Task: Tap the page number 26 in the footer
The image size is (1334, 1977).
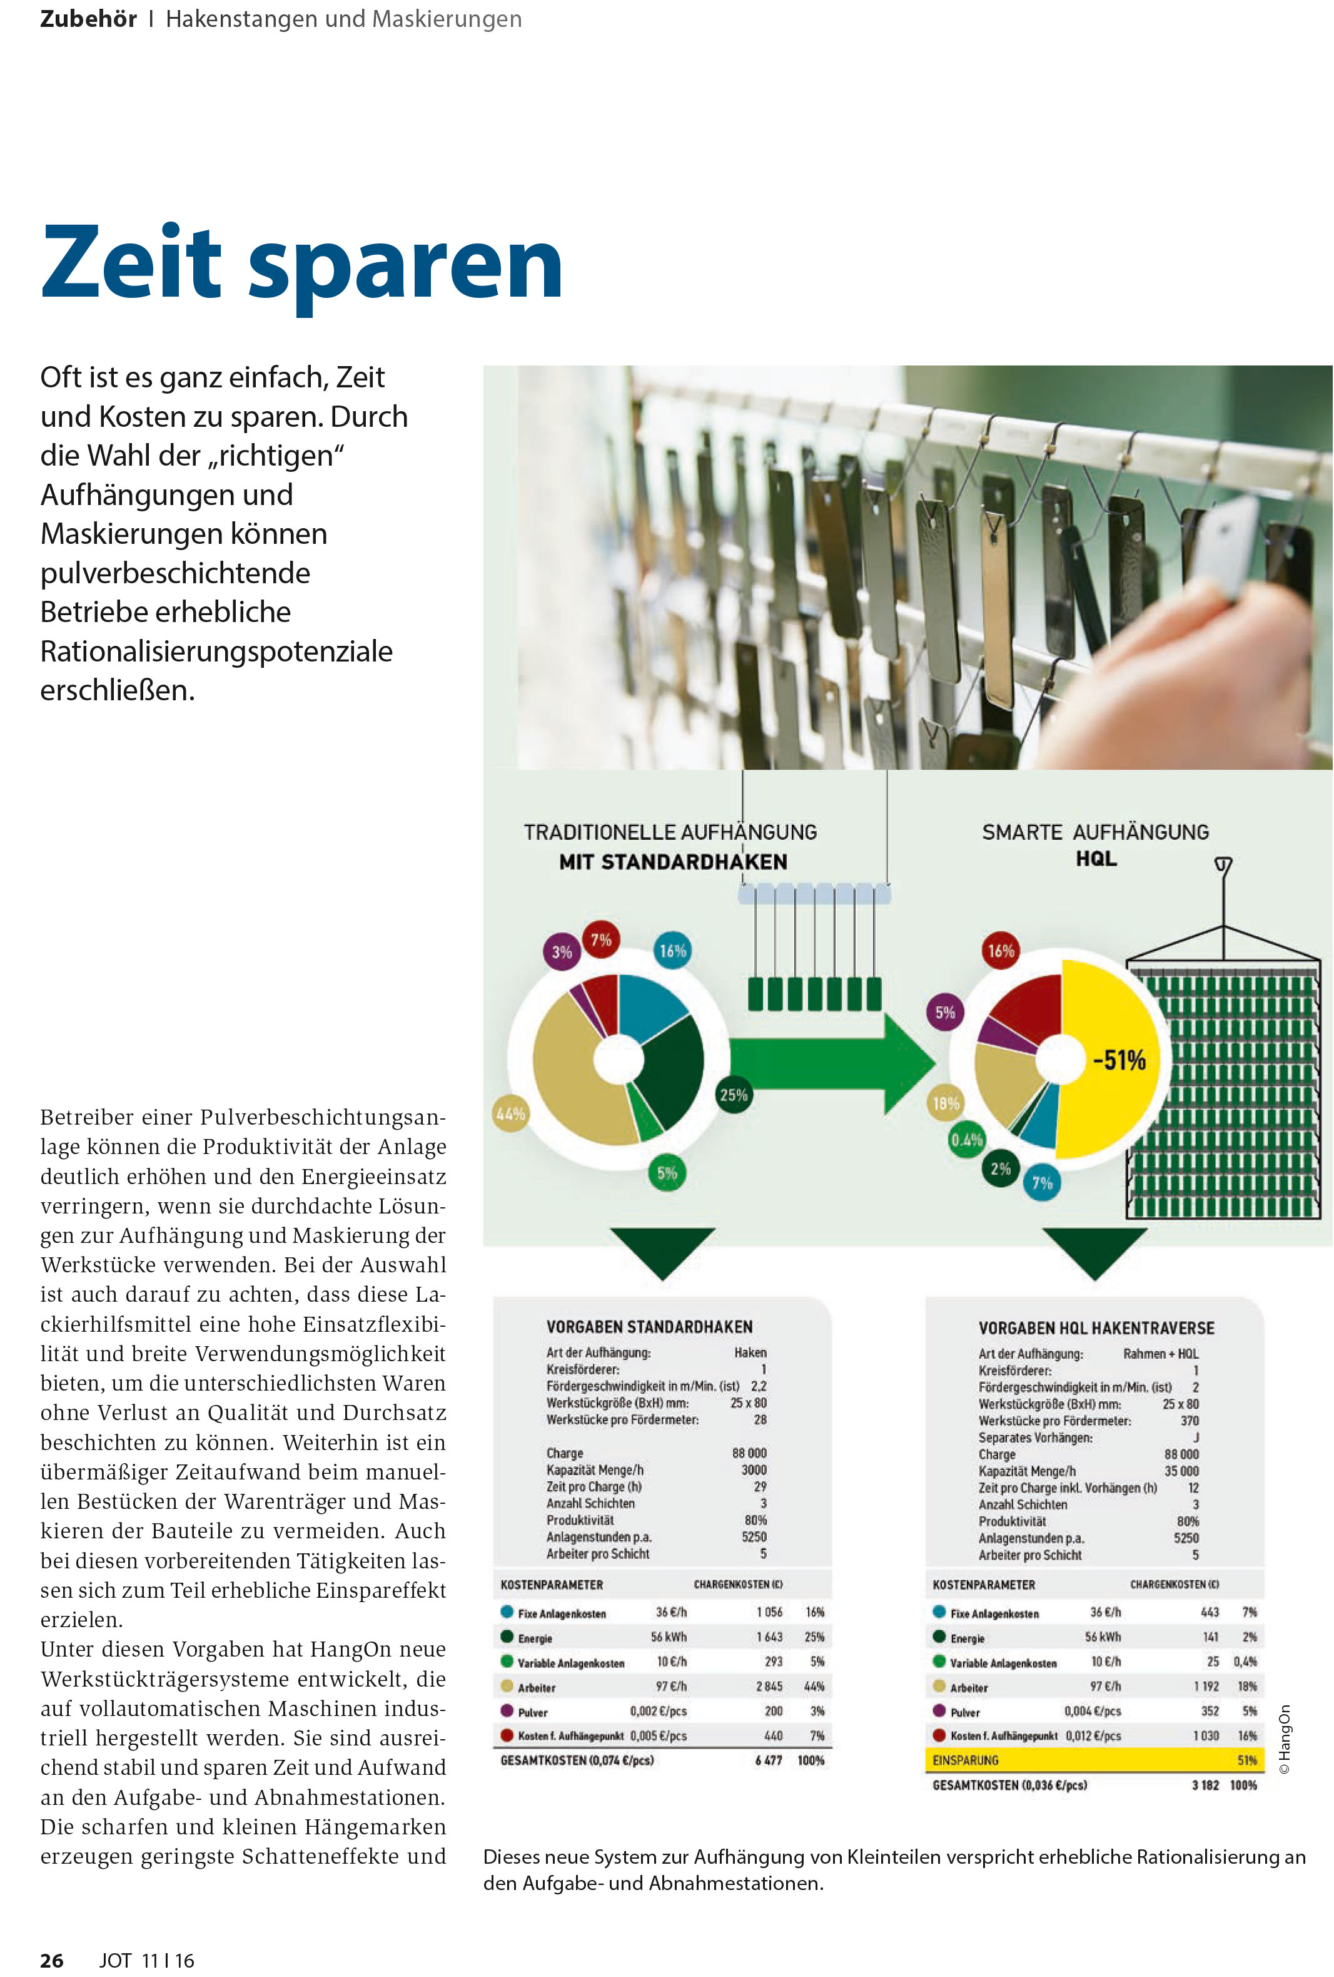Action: pyautogui.click(x=52, y=1960)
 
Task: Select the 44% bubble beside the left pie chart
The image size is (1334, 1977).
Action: pyautogui.click(x=510, y=1113)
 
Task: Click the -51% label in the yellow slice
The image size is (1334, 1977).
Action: pyautogui.click(x=1119, y=1060)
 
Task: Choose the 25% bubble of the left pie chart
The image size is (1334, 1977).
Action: pyautogui.click(x=733, y=1095)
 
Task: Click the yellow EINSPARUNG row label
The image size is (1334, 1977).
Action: pyautogui.click(x=965, y=1760)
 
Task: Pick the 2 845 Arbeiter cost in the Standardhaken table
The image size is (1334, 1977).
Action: pyautogui.click(x=769, y=1686)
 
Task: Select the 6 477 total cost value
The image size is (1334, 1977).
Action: pyautogui.click(x=768, y=1760)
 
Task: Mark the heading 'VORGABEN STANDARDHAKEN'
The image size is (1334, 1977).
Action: pyautogui.click(x=649, y=1327)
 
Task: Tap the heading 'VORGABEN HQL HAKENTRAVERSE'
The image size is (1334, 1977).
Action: pyautogui.click(x=1095, y=1328)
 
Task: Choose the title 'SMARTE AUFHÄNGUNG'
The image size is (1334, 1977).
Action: pyautogui.click(x=1094, y=832)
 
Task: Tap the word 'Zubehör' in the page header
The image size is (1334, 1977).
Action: pyautogui.click(x=88, y=19)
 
